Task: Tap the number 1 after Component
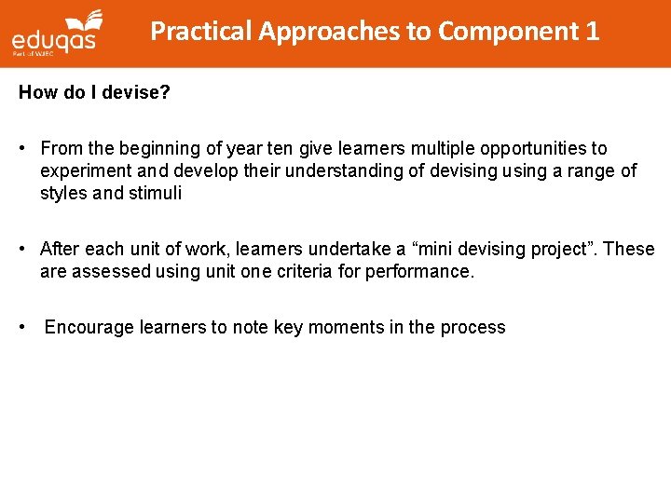tap(593, 32)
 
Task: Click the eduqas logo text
tap(55, 42)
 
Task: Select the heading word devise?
tap(137, 93)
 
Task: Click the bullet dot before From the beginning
tap(25, 149)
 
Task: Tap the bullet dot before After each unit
tap(25, 250)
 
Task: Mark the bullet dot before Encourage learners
tap(25, 328)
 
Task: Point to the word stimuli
tap(155, 194)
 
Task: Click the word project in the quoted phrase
tap(560, 250)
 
